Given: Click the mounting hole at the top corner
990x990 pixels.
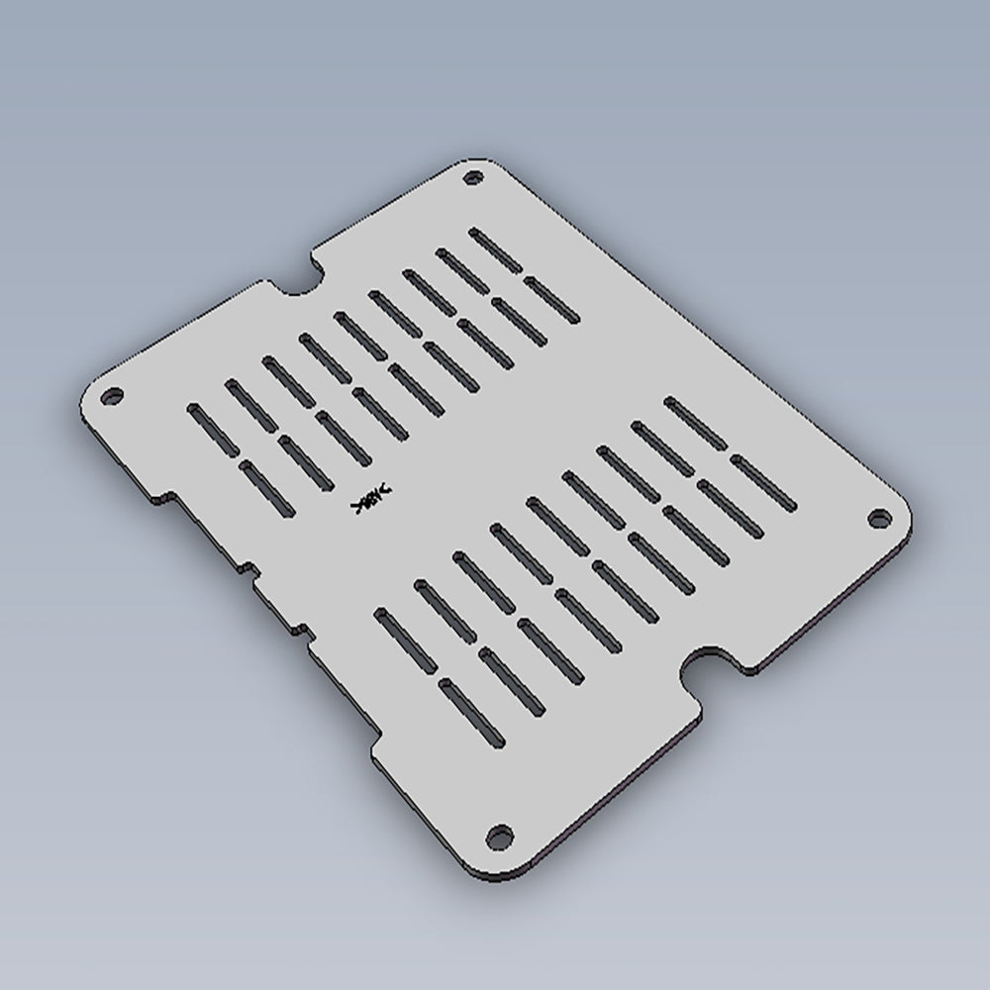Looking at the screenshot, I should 474,178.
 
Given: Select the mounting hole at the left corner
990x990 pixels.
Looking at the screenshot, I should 113,395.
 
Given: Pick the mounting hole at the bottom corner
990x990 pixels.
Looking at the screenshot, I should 502,834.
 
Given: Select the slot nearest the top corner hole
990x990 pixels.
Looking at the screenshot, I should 495,249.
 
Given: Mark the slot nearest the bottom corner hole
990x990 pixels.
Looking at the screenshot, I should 473,714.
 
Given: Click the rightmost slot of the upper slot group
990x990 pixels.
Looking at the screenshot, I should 551,299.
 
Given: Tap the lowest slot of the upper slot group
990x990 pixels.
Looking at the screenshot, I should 264,488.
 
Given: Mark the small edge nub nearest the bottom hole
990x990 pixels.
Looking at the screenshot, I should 298,628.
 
